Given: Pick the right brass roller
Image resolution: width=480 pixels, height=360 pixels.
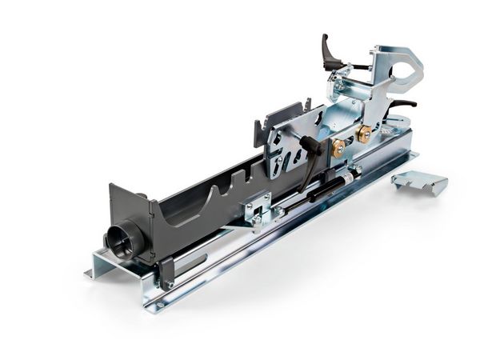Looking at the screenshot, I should pyautogui.click(x=364, y=134).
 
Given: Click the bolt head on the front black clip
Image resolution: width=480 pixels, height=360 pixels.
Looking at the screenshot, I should pyautogui.click(x=169, y=284).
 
